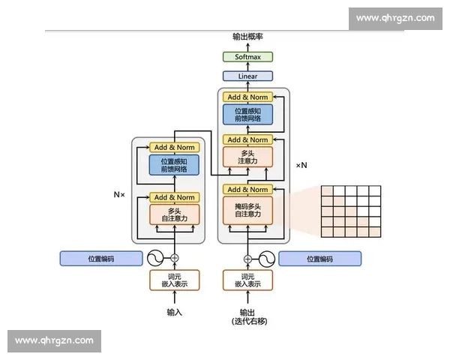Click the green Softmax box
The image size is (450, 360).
(247, 57)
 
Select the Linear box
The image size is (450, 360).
(247, 76)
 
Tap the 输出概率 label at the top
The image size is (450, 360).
(247, 36)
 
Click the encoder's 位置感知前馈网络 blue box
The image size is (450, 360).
(174, 165)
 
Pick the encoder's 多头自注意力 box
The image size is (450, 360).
(174, 214)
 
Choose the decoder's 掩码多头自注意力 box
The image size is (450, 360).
(247, 210)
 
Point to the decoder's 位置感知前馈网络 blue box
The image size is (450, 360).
(247, 115)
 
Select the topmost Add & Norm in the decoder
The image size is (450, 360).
(247, 97)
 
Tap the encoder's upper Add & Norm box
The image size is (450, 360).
(174, 147)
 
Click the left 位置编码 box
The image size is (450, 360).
(101, 259)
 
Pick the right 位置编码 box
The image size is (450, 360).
(319, 259)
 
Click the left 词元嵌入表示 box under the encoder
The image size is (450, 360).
(174, 280)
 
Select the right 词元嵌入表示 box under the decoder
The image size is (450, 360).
(247, 280)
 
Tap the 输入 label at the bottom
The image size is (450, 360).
(174, 312)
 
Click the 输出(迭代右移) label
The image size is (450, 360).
(247, 316)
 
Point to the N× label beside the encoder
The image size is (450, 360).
(119, 193)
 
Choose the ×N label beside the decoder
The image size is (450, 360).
(301, 165)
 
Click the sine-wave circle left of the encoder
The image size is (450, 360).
(156, 258)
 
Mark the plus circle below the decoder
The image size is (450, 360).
(247, 259)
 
